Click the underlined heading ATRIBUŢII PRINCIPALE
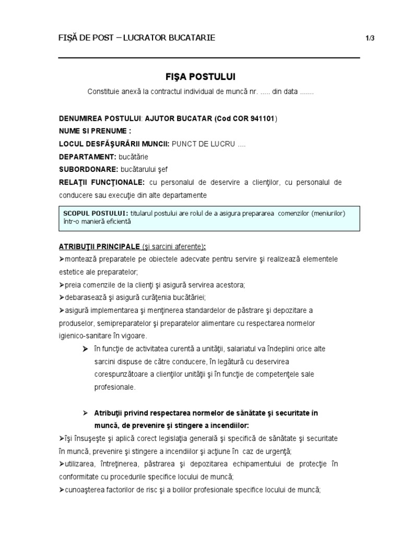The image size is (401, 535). tap(99, 246)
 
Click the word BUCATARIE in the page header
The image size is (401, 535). tap(188, 38)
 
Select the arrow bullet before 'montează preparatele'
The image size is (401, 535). tap(62, 259)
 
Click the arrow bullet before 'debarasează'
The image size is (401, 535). tap(62, 297)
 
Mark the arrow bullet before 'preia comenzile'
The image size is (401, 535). tap(62, 285)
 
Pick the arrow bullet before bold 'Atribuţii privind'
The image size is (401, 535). tap(85, 413)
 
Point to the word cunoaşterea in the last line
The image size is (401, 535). tap(85, 490)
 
